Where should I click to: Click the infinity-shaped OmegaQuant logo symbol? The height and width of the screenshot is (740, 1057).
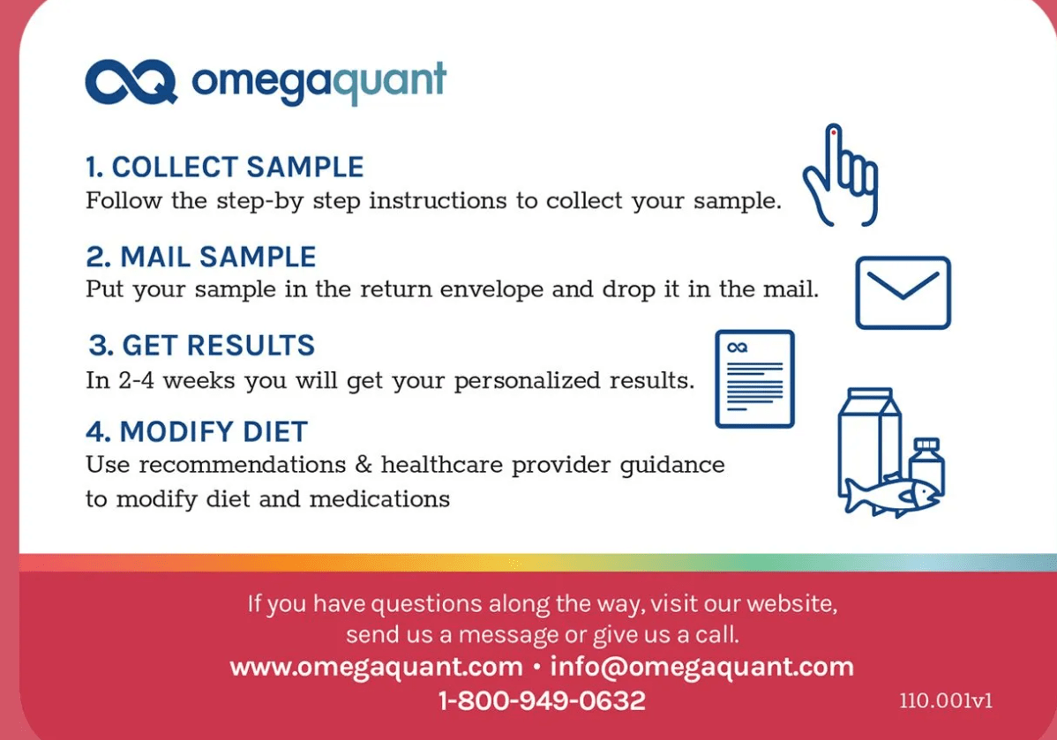coord(131,82)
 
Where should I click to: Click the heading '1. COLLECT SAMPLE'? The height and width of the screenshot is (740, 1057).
coord(224,168)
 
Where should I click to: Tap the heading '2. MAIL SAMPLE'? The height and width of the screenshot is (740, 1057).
coord(201,257)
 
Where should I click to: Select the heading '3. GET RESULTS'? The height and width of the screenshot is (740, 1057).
coord(201,345)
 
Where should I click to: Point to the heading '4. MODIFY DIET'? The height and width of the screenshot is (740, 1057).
coord(197,431)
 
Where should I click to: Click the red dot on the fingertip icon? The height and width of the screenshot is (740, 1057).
coord(834,133)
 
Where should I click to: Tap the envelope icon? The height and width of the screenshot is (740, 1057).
coord(903,293)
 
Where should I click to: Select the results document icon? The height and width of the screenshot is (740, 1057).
coord(755,378)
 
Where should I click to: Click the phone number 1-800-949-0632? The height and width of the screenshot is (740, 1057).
coord(542,701)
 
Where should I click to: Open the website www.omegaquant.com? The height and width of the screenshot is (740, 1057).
coord(376,667)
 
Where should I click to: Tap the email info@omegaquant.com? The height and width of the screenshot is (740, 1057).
coord(701,667)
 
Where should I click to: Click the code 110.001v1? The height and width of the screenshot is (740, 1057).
coord(946,701)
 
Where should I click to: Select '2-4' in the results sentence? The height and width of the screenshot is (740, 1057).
coord(136,381)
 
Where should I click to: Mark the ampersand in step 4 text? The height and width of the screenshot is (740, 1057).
coord(364,464)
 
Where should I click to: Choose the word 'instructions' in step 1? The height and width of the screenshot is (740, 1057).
coord(438,201)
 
